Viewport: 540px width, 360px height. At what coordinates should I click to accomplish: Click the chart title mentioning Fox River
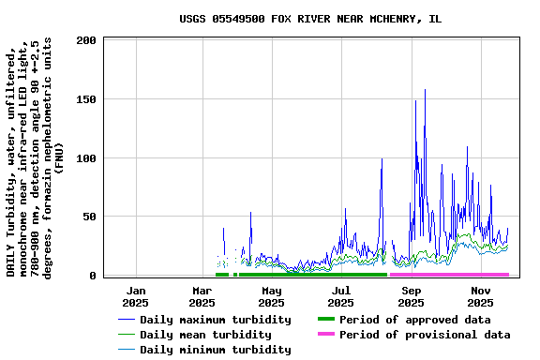pos(310,19)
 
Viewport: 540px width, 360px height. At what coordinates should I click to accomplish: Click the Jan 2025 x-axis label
pos(136,296)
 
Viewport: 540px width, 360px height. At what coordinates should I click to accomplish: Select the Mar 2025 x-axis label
pos(202,296)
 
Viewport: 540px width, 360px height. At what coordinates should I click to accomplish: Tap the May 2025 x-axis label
pos(271,296)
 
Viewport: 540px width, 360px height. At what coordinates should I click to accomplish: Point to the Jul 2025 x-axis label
pos(341,296)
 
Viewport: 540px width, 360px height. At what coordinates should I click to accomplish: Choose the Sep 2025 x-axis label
pos(411,296)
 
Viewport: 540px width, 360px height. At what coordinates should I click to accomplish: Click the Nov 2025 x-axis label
pos(480,296)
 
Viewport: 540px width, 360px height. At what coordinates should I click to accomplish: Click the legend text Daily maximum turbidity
pos(215,320)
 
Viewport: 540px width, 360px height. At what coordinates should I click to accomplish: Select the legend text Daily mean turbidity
pos(204,335)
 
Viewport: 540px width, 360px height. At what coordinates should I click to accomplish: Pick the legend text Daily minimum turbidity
pos(215,350)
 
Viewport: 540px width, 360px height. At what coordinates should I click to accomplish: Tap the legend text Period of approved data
pos(415,320)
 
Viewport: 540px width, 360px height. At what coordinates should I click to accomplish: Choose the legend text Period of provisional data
pos(425,335)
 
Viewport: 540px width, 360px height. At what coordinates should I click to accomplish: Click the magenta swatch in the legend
pos(325,335)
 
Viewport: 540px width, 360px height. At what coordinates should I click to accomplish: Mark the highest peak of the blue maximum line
pos(425,90)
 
